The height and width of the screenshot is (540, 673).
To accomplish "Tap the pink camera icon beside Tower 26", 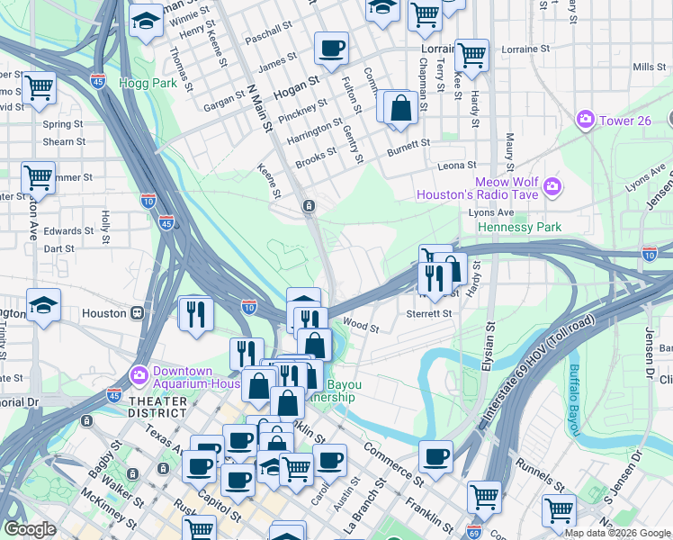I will [x=586, y=119].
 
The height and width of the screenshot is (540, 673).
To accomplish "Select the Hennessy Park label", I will [x=519, y=227].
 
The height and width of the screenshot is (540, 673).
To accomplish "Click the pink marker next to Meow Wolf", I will [x=552, y=188].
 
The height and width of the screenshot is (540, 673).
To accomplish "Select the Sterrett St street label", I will [x=428, y=313].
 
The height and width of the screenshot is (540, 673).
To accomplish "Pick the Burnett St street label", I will [x=408, y=143].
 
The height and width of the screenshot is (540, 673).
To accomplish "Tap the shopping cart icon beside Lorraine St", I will [x=471, y=55].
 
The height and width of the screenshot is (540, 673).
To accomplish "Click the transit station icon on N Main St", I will [x=309, y=206].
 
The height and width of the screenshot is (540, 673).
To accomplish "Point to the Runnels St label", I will [x=542, y=469].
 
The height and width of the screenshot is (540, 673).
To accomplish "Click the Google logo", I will [x=30, y=529].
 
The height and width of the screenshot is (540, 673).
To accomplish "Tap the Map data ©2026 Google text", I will [x=616, y=533].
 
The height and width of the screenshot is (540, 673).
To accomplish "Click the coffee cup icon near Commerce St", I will [x=435, y=455].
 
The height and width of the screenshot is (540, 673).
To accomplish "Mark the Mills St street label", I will [x=648, y=67].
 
